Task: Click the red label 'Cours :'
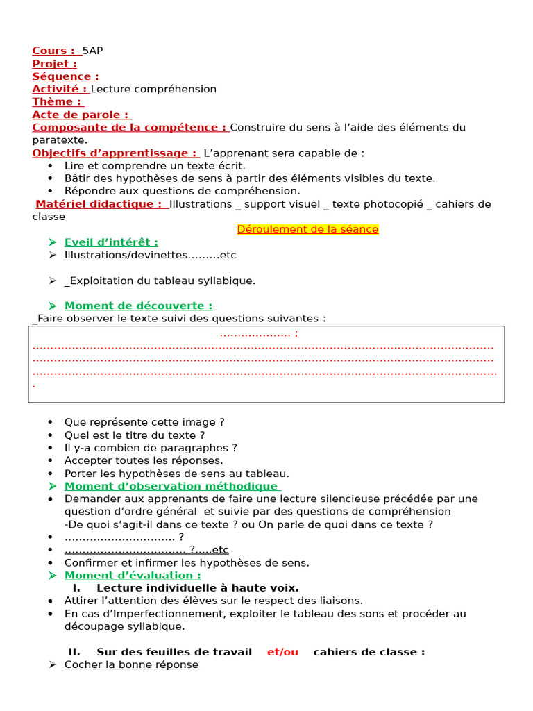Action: [53, 51]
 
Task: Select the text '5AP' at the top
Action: [92, 51]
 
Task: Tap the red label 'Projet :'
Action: [54, 64]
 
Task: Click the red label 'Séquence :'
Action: [65, 76]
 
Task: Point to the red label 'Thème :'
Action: [57, 102]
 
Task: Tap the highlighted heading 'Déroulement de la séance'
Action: [307, 229]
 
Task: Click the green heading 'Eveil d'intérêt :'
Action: [111, 242]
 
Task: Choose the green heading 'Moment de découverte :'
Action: [138, 306]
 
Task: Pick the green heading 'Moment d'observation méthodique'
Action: [171, 486]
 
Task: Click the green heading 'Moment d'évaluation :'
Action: [133, 575]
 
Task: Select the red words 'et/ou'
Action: [282, 651]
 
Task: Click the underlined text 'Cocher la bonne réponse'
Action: [131, 664]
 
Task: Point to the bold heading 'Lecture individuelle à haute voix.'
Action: [198, 587]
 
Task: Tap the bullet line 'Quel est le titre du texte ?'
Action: [135, 435]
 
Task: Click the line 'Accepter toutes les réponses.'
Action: [144, 460]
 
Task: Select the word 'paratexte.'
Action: [60, 140]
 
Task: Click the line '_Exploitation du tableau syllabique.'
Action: [160, 281]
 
